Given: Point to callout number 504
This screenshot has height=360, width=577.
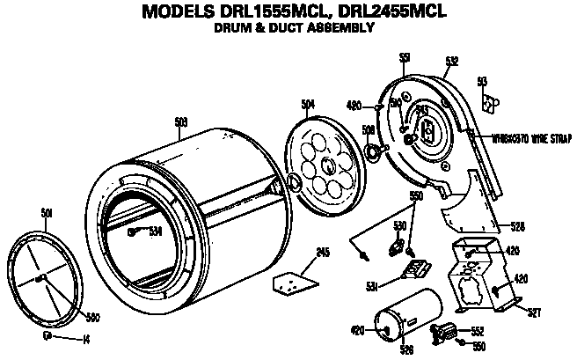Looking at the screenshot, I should click(308, 105).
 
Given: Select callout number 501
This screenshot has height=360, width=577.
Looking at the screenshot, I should click(47, 212).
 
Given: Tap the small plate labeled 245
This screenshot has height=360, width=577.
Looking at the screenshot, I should click(292, 283).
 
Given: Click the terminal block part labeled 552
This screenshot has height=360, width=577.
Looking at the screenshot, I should click(448, 332).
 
